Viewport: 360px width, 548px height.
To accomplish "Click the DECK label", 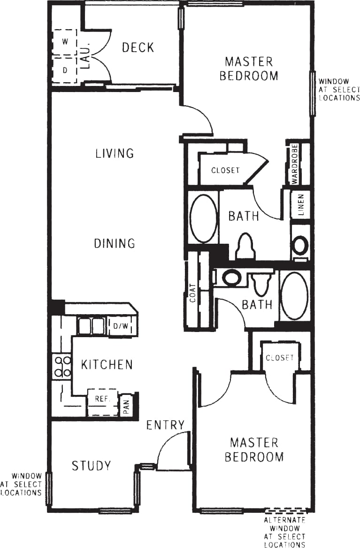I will (138, 47).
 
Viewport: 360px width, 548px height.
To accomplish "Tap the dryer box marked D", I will (65, 70).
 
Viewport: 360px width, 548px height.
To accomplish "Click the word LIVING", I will (115, 153).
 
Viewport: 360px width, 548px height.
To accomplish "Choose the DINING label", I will (115, 243).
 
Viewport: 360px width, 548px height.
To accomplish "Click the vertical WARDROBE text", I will (294, 163).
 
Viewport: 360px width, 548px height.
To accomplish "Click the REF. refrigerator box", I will (102, 398).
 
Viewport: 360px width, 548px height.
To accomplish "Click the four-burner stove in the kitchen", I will (62, 367).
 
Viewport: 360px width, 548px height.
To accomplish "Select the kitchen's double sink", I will (92, 326).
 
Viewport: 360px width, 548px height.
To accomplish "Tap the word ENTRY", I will (165, 425).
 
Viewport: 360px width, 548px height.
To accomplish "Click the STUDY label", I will (91, 466).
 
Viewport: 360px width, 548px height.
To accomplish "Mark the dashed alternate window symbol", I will (287, 510).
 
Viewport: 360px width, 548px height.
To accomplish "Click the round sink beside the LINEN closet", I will (300, 245).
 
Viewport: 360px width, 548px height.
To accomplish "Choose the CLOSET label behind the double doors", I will (280, 358).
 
